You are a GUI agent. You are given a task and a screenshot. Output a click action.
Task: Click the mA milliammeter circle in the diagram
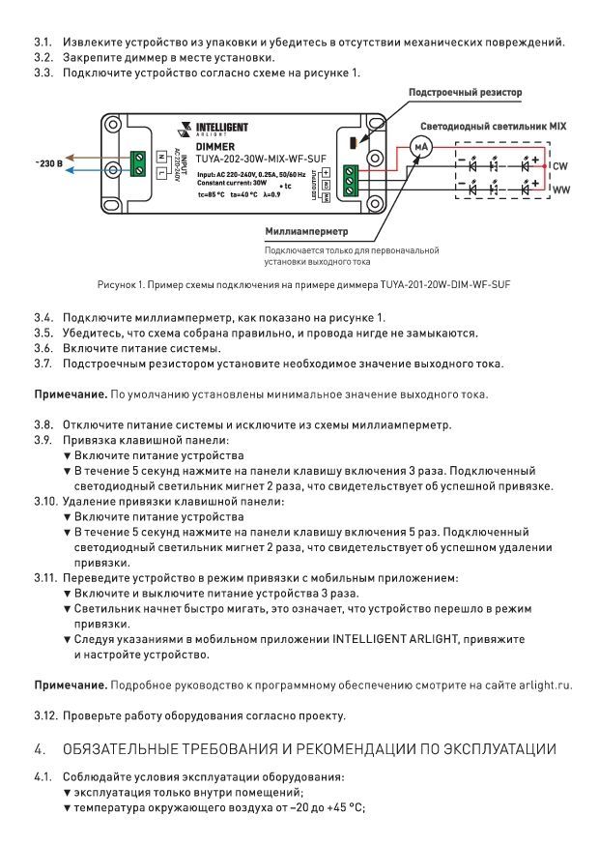point(420,147)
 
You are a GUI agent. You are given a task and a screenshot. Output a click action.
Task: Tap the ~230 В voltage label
point(49,162)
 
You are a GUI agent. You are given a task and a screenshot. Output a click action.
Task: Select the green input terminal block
point(138,163)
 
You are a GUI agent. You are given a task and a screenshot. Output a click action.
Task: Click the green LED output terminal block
point(351,182)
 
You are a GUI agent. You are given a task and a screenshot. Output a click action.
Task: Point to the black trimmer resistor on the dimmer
point(354,143)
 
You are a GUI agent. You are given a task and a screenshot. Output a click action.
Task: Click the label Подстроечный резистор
point(465,92)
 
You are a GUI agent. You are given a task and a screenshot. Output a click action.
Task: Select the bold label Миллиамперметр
point(306,231)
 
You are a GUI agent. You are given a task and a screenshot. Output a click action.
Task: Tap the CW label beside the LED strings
point(560,166)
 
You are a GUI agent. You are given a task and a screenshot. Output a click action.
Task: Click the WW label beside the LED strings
point(561,189)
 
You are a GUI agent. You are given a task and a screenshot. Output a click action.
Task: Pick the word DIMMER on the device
point(214,147)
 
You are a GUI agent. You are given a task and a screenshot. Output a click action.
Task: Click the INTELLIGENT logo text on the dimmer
point(221,128)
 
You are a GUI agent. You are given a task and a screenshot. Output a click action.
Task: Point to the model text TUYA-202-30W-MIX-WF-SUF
point(261,159)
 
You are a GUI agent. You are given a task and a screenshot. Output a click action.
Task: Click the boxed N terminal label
point(161,158)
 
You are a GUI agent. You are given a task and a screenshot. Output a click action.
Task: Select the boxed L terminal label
point(161,173)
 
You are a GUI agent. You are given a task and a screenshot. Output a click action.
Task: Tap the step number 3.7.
point(43,364)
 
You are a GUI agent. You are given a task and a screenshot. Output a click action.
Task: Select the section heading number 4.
point(40,749)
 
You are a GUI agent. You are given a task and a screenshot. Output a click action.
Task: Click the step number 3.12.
point(45,715)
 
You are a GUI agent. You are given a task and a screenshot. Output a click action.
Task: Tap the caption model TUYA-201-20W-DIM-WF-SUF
point(445,284)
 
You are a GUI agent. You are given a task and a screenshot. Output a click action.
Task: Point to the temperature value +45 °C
point(345,808)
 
